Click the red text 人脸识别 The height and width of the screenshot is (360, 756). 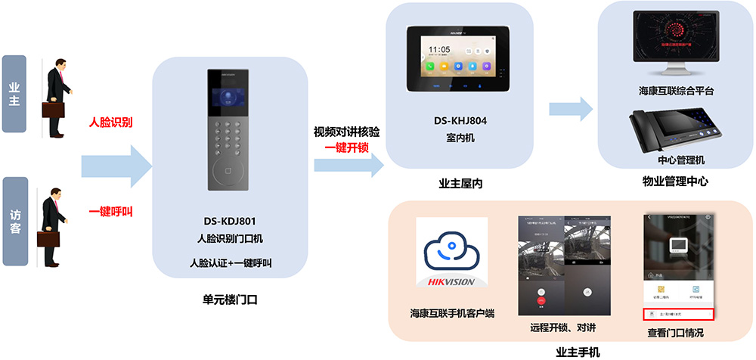pyautogui.click(x=110, y=121)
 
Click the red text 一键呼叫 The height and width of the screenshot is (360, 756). pyautogui.click(x=110, y=212)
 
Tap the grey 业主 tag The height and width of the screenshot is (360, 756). pyautogui.click(x=14, y=94)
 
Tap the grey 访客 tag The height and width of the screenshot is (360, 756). pyautogui.click(x=14, y=221)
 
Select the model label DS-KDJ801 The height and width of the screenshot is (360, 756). pyautogui.click(x=229, y=222)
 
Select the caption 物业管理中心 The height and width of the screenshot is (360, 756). pyautogui.click(x=675, y=182)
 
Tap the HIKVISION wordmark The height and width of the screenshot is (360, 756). pyautogui.click(x=451, y=282)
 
